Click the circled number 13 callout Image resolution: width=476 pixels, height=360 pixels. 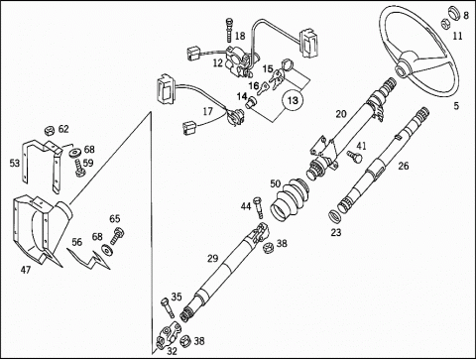(293, 100)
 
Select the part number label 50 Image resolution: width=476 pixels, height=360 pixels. (276, 183)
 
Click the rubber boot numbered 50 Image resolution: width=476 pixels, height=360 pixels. (290, 198)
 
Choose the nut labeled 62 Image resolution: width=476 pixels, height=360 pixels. (50, 131)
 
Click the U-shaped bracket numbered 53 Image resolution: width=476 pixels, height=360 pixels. (43, 165)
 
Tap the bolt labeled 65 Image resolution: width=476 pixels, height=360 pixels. (116, 236)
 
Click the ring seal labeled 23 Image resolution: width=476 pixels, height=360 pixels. (335, 217)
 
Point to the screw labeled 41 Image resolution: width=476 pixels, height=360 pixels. (355, 157)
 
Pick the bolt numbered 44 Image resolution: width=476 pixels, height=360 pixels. (258, 207)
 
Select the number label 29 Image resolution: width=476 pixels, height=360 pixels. (213, 258)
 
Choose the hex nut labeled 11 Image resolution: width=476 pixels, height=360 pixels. (445, 24)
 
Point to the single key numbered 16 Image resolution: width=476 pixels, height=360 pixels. (264, 88)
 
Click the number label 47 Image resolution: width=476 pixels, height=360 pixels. (26, 270)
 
